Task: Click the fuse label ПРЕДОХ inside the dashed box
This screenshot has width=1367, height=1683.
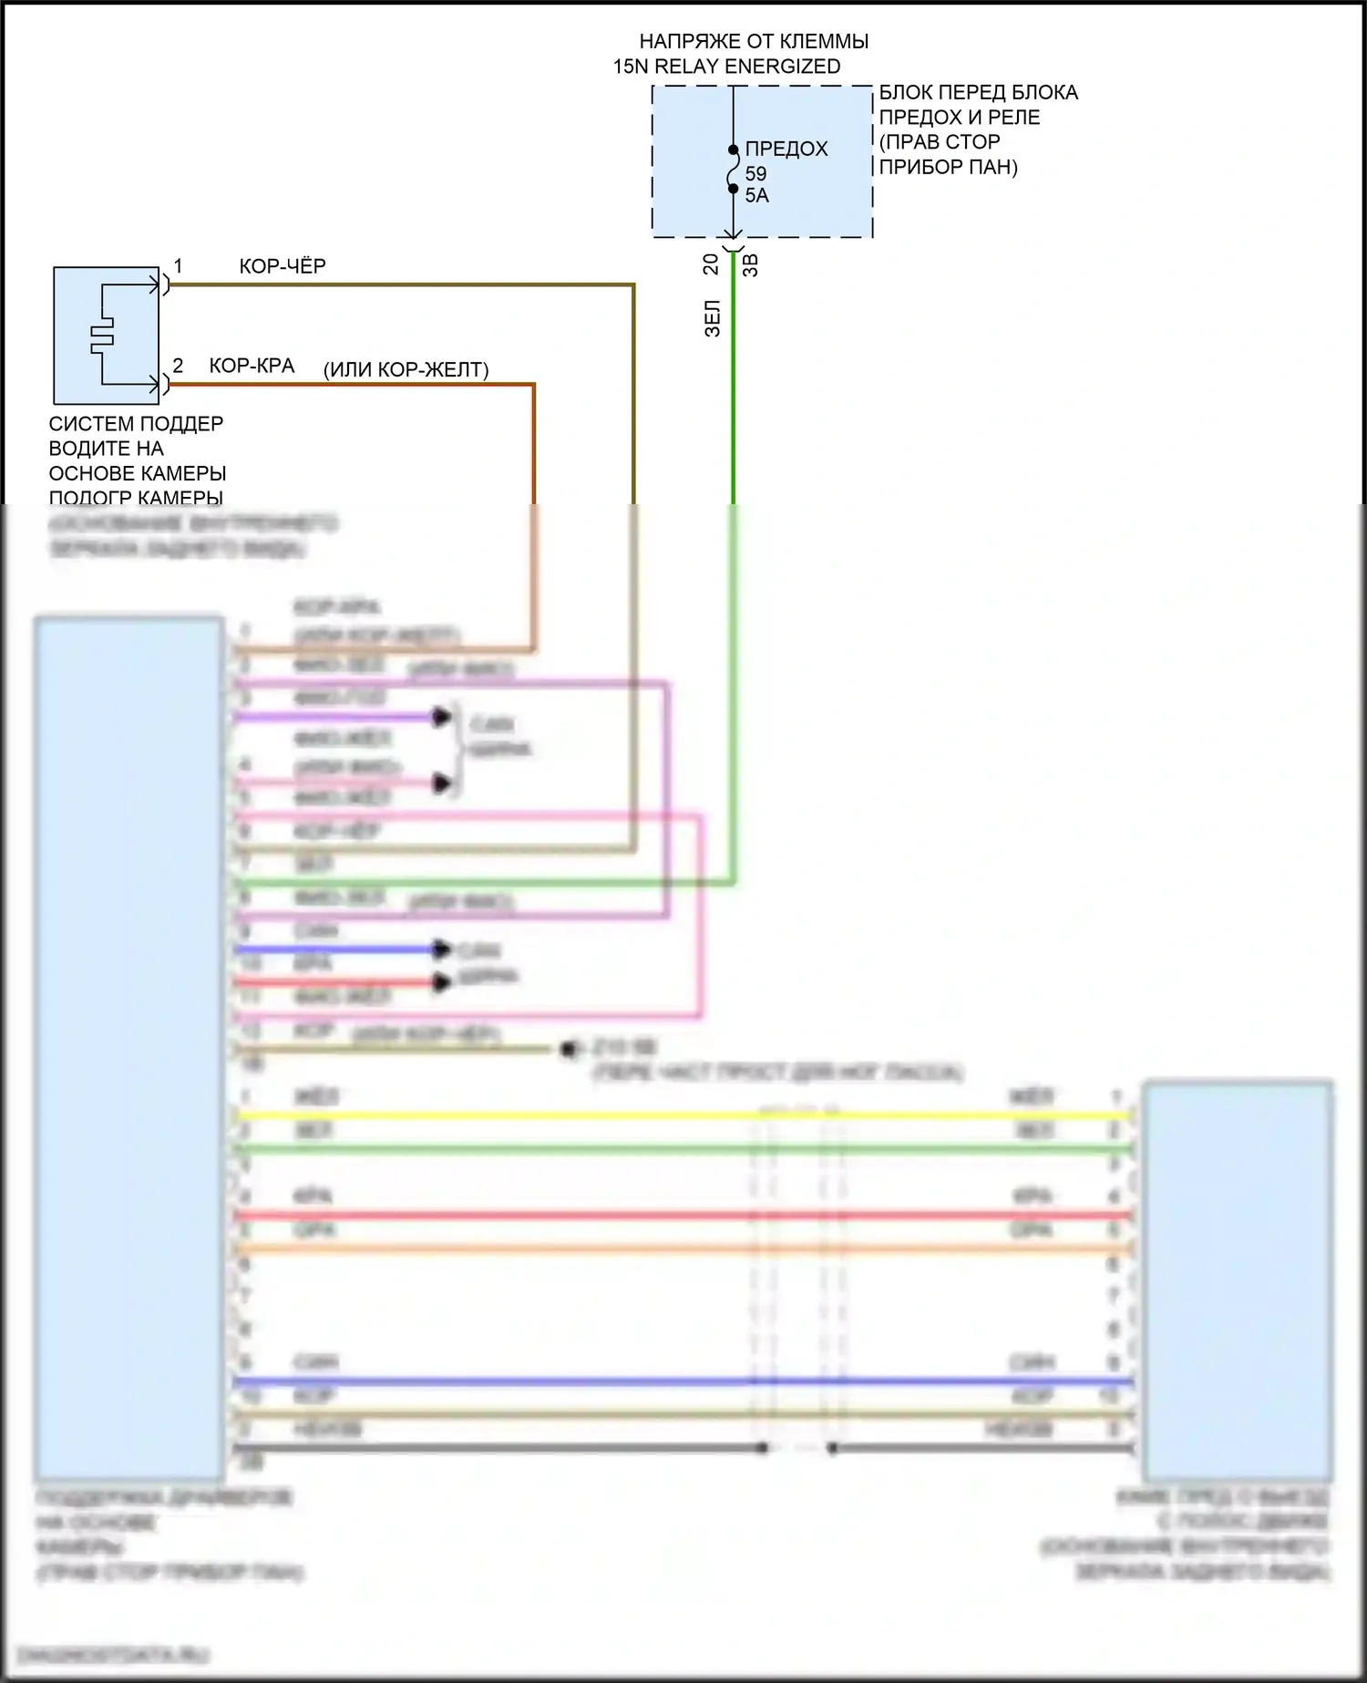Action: point(786,149)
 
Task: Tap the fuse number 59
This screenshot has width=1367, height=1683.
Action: point(755,173)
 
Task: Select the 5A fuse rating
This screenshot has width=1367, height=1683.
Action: point(756,195)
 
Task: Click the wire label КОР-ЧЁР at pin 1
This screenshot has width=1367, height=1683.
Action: point(283,266)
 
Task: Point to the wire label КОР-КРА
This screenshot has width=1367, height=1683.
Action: point(252,367)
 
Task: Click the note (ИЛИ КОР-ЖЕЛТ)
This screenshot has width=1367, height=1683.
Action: point(406,370)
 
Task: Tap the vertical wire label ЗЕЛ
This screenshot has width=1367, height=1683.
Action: point(713,318)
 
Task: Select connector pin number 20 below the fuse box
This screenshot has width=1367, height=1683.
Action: point(711,263)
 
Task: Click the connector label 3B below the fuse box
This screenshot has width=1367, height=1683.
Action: point(751,264)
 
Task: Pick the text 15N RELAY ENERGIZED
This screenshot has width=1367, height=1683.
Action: point(726,67)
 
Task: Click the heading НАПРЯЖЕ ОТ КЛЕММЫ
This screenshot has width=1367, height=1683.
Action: point(754,42)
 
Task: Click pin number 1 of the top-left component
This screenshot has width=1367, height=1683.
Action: point(178,266)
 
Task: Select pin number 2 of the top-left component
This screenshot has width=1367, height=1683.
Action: point(178,366)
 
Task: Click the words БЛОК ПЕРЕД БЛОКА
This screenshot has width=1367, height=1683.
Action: point(978,92)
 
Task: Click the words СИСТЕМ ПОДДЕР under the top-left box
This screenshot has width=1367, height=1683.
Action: point(136,424)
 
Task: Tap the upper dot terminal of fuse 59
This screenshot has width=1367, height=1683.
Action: point(733,150)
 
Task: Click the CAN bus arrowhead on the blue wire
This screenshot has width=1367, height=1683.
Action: point(442,949)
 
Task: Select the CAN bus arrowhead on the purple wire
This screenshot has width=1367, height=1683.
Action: point(442,717)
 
